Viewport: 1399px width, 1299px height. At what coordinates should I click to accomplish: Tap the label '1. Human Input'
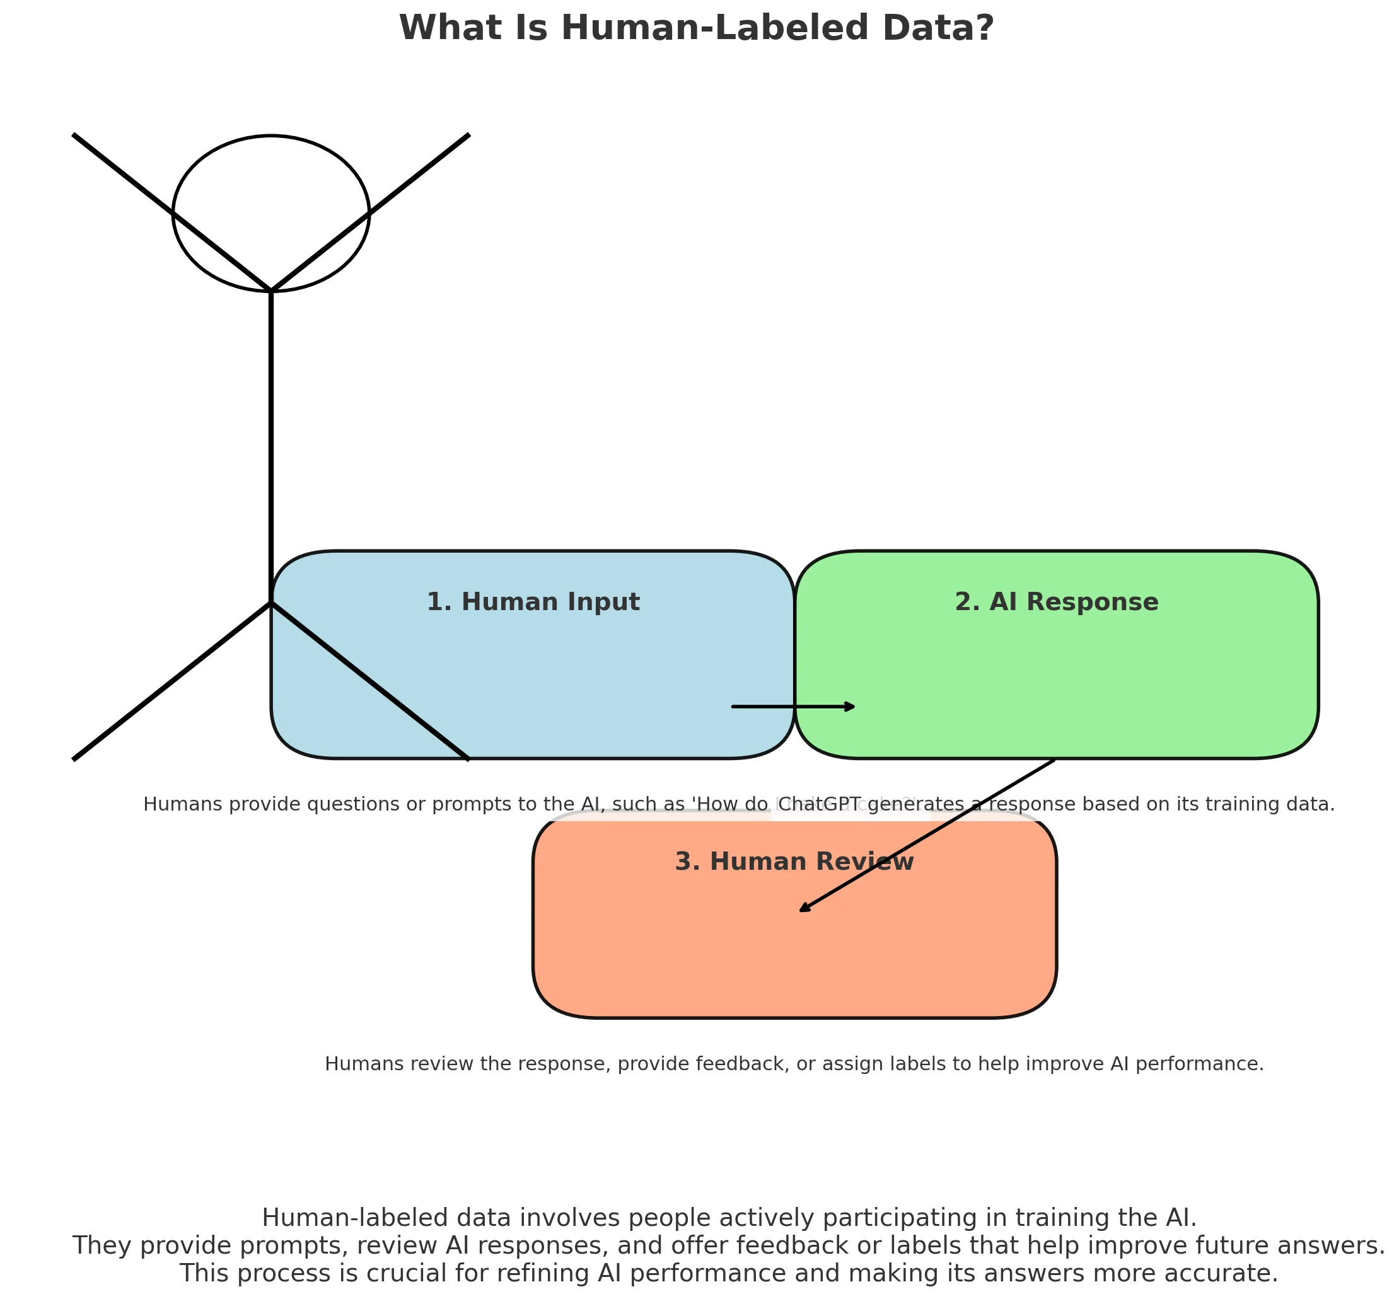pyautogui.click(x=533, y=603)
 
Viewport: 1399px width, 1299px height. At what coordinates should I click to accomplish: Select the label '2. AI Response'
pyautogui.click(x=1056, y=603)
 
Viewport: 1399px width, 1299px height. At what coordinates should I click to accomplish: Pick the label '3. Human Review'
pyautogui.click(x=794, y=862)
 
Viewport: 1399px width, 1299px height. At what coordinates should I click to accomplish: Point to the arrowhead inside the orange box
pyautogui.click(x=803, y=910)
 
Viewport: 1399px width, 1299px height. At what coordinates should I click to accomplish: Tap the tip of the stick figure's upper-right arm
pyautogui.click(x=468, y=136)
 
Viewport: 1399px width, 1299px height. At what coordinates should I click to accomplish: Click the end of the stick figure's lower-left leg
pyautogui.click(x=75, y=758)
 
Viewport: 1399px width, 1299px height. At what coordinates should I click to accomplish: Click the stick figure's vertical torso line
pyautogui.click(x=270, y=443)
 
